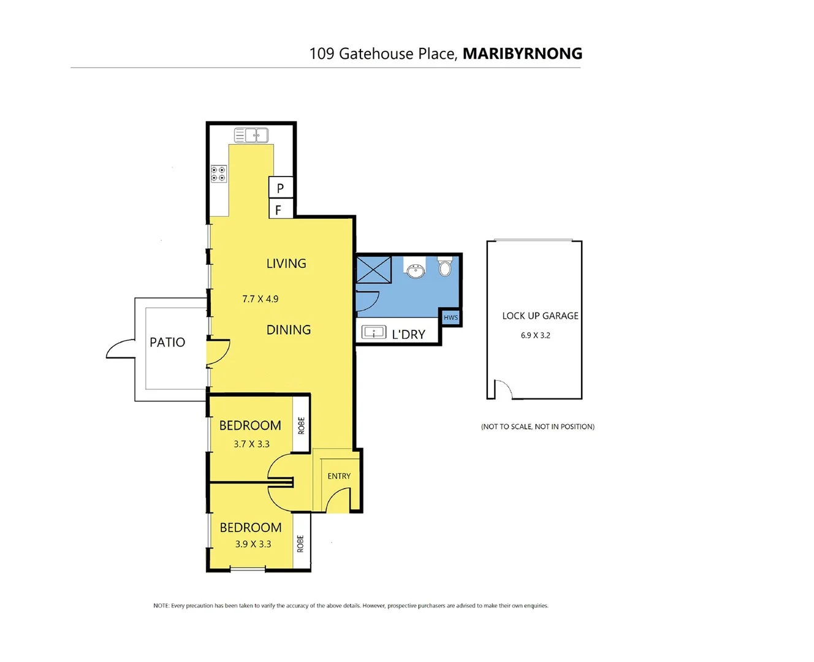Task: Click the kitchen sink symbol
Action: point(251,135)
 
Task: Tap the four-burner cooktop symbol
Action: point(218,173)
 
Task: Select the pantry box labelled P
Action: point(281,188)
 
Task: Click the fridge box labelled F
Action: point(279,210)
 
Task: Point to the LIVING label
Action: point(286,264)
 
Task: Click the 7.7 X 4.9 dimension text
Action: point(260,299)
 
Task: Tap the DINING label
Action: point(288,330)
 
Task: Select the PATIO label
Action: point(167,342)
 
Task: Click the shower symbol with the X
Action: point(374,270)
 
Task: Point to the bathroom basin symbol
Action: point(416,270)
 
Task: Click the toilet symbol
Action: point(446,267)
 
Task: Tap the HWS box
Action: point(451,318)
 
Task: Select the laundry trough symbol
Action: point(374,333)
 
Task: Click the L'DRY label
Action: point(408,335)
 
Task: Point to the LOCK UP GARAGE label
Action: point(540,316)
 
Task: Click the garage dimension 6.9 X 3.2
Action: point(535,335)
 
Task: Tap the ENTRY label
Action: point(339,476)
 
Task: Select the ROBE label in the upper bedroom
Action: point(301,425)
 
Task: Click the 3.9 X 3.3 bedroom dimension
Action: point(253,544)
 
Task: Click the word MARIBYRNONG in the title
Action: point(522,53)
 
